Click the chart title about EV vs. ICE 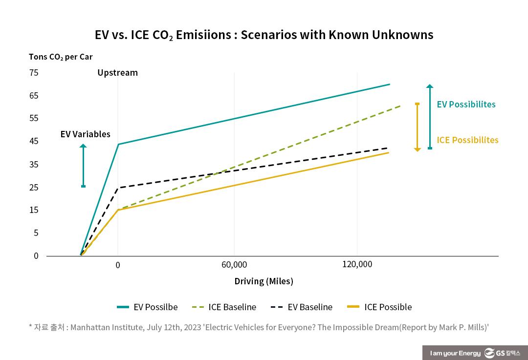[264, 35]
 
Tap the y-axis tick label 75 [34, 73]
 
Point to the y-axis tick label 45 [34, 142]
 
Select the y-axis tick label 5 [36, 233]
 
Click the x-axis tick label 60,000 [234, 265]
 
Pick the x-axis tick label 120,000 [357, 264]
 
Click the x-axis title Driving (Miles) [264, 281]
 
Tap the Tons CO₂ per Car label [61, 57]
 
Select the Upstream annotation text [117, 73]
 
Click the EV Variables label [86, 134]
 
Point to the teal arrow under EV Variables [83, 166]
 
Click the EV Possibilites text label [466, 105]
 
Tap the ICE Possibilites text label [467, 140]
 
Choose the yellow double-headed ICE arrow [417, 127]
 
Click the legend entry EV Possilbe [148, 307]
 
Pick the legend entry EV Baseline [301, 307]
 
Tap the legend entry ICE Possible [379, 307]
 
